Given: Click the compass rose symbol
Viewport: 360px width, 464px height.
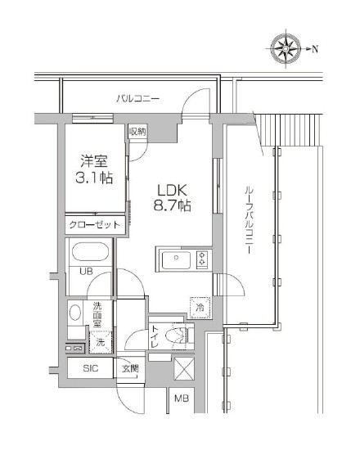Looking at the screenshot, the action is [x=286, y=48].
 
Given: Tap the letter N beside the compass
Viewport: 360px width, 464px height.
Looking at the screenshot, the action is [x=315, y=49].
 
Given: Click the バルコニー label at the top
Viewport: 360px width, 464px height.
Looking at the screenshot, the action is [x=137, y=98].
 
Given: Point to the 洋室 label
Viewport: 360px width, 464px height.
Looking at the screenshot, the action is [x=94, y=161].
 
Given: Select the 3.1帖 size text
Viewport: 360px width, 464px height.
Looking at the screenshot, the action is [x=94, y=178].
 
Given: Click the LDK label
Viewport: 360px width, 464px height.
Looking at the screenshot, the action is [x=172, y=191].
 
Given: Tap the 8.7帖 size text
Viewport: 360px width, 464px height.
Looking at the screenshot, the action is [x=172, y=205].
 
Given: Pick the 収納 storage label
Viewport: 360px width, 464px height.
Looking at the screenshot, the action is [x=137, y=132].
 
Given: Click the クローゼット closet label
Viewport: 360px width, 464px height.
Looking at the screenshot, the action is [x=95, y=225].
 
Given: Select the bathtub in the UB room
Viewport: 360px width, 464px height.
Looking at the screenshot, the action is [x=90, y=251].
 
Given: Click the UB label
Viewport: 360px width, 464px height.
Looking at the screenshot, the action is [x=86, y=271].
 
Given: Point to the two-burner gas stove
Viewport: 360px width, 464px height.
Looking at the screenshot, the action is [x=204, y=259].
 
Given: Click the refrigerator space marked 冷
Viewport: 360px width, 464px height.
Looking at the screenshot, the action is [x=200, y=308].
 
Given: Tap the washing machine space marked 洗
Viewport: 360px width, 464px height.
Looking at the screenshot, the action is [x=101, y=342].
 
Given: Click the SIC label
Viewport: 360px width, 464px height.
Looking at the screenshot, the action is [x=91, y=368].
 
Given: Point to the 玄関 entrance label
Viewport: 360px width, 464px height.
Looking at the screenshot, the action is [x=130, y=369].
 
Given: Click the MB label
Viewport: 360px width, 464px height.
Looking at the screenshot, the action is [x=182, y=399].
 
